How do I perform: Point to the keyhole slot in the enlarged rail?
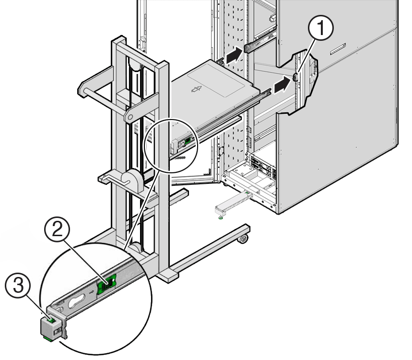77,303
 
